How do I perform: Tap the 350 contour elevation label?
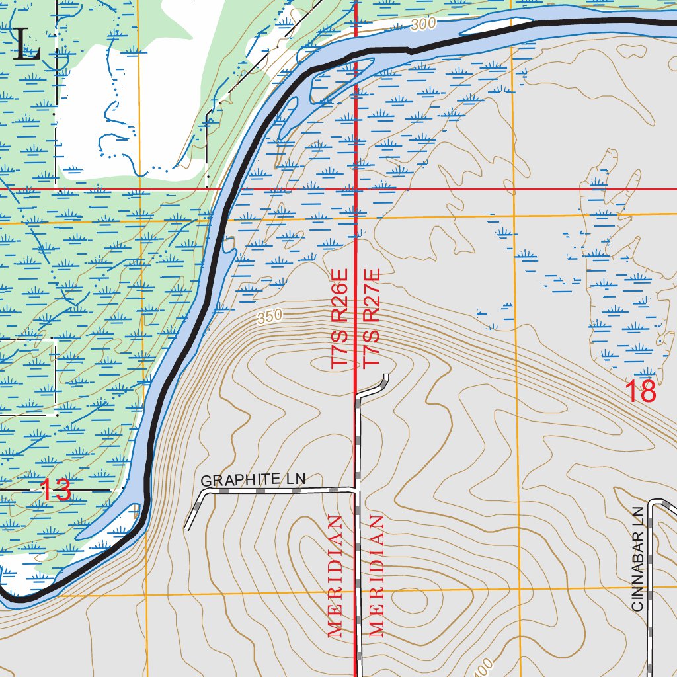pyautogui.click(x=270, y=317)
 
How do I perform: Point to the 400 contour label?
pyautogui.click(x=482, y=666)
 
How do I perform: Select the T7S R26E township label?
pyautogui.click(x=339, y=318)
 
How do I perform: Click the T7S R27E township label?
pyautogui.click(x=372, y=318)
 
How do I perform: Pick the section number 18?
pyautogui.click(x=641, y=392)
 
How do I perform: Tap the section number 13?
pyautogui.click(x=56, y=491)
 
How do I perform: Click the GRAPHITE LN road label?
pyautogui.click(x=253, y=480)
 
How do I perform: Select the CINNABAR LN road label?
pyautogui.click(x=637, y=559)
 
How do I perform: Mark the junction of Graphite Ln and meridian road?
pyautogui.click(x=358, y=490)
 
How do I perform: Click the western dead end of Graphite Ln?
pyautogui.click(x=187, y=528)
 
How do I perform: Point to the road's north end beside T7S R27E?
pyautogui.click(x=385, y=376)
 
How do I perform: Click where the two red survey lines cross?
pyautogui.click(x=357, y=190)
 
